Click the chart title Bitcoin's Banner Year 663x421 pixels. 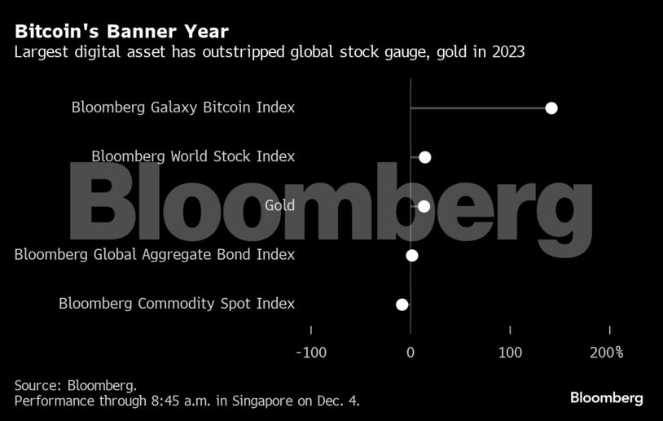[121, 32]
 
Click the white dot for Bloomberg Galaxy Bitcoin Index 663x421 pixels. [551, 108]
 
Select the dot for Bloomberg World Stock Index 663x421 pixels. [424, 157]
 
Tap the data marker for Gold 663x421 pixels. [424, 206]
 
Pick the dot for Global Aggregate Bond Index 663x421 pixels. [412, 256]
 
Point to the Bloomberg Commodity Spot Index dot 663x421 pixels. [402, 305]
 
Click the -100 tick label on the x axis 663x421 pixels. [310, 353]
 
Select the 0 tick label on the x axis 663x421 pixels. [411, 353]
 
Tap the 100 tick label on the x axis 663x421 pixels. [510, 353]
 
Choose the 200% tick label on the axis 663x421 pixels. [607, 353]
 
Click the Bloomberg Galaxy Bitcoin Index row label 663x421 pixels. [183, 107]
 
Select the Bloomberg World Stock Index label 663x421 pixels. [193, 156]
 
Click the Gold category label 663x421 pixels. [279, 205]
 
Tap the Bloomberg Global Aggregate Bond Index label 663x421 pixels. [155, 255]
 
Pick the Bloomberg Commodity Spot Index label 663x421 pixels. [177, 304]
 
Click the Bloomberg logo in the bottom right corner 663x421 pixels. [606, 398]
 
